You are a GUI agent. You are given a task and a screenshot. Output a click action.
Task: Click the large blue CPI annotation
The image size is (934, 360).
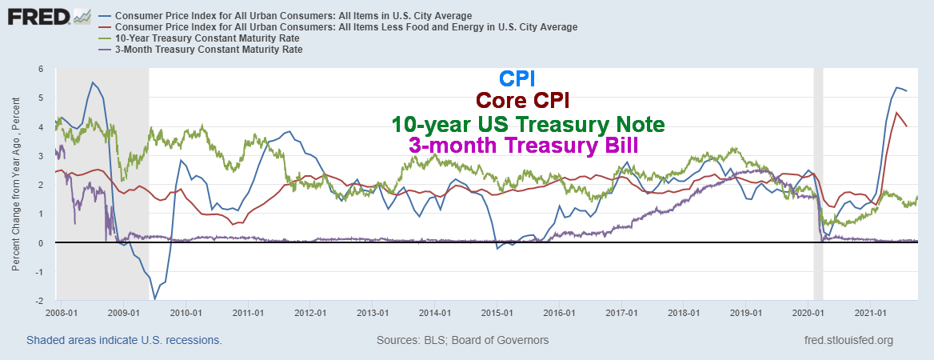pyautogui.click(x=517, y=78)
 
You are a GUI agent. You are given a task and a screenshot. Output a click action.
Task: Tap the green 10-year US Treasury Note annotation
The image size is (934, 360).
pyautogui.click(x=528, y=125)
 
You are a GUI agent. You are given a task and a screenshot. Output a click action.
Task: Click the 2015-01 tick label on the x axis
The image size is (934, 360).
pyautogui.click(x=497, y=313)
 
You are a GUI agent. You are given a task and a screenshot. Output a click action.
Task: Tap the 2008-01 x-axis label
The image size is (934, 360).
pyautogui.click(x=62, y=313)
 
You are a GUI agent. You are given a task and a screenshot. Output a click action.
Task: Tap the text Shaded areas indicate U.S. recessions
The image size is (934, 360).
pyautogui.click(x=124, y=340)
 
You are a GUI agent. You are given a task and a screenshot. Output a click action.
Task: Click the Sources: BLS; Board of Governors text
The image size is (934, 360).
pyautogui.click(x=462, y=340)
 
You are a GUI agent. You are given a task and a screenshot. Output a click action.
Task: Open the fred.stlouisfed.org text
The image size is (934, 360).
pyautogui.click(x=849, y=340)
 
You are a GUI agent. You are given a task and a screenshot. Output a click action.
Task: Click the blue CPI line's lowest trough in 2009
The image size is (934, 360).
pyautogui.click(x=155, y=299)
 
